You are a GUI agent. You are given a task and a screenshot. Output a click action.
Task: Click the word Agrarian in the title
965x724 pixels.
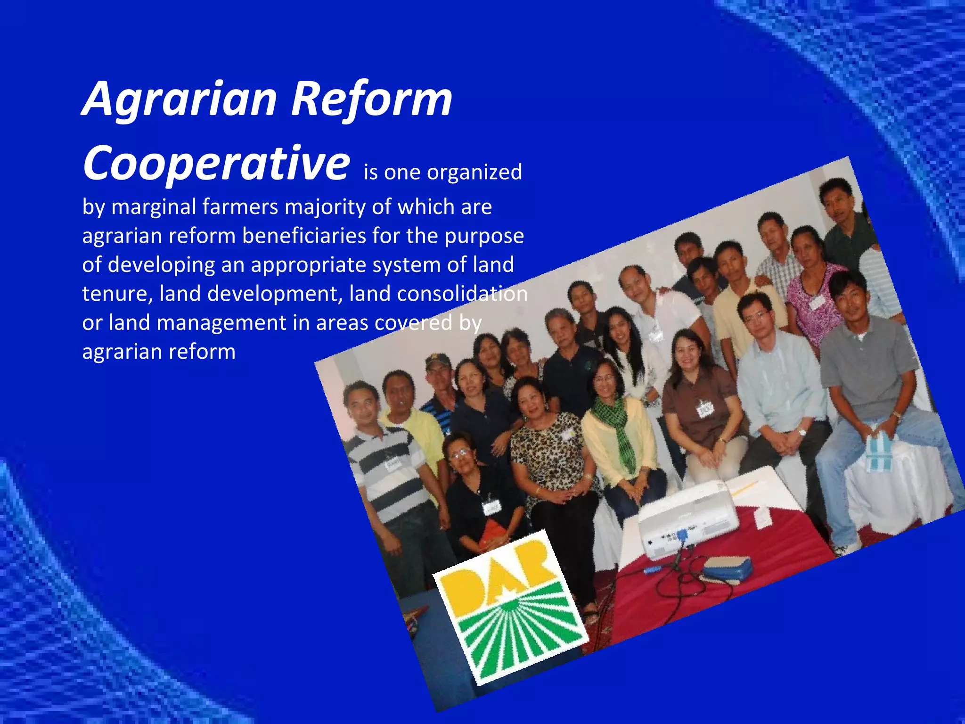click(x=180, y=100)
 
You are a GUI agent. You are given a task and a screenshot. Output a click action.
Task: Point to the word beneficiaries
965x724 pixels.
click(x=304, y=236)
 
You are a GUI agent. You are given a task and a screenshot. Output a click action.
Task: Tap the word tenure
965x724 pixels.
click(x=117, y=294)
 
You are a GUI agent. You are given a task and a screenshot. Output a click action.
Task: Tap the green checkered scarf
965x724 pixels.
click(x=617, y=429)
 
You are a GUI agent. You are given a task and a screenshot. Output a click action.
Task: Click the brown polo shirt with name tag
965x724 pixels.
click(x=697, y=405)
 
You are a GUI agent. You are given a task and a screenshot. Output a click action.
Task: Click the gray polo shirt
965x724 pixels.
click(x=867, y=363)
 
